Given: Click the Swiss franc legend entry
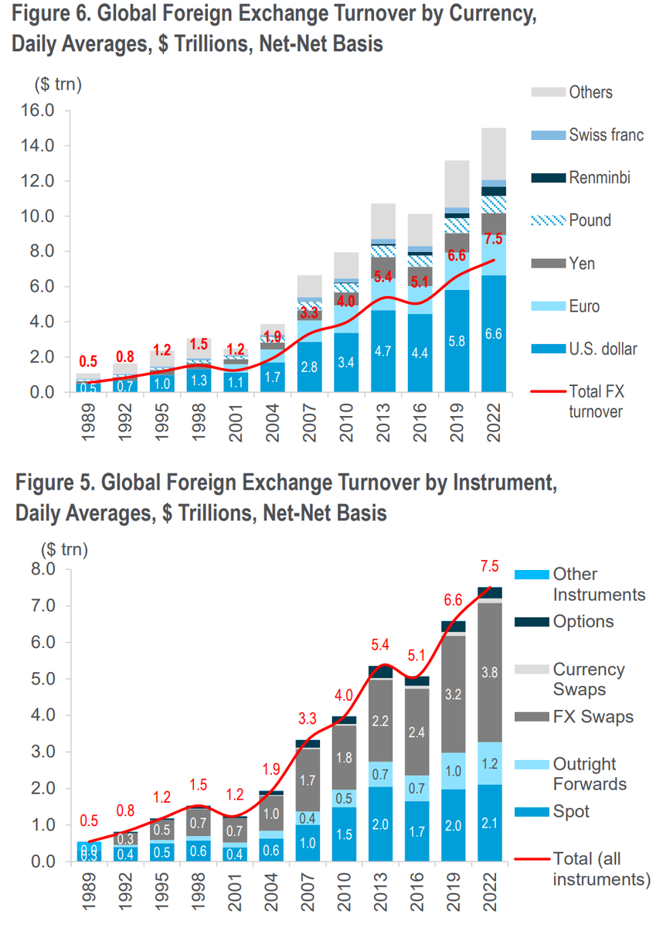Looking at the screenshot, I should pyautogui.click(x=607, y=135).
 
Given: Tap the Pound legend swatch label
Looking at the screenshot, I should pyautogui.click(x=590, y=220).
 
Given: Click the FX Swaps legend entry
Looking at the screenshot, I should pyautogui.click(x=593, y=716).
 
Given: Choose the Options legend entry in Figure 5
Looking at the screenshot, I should pyautogui.click(x=583, y=621).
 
